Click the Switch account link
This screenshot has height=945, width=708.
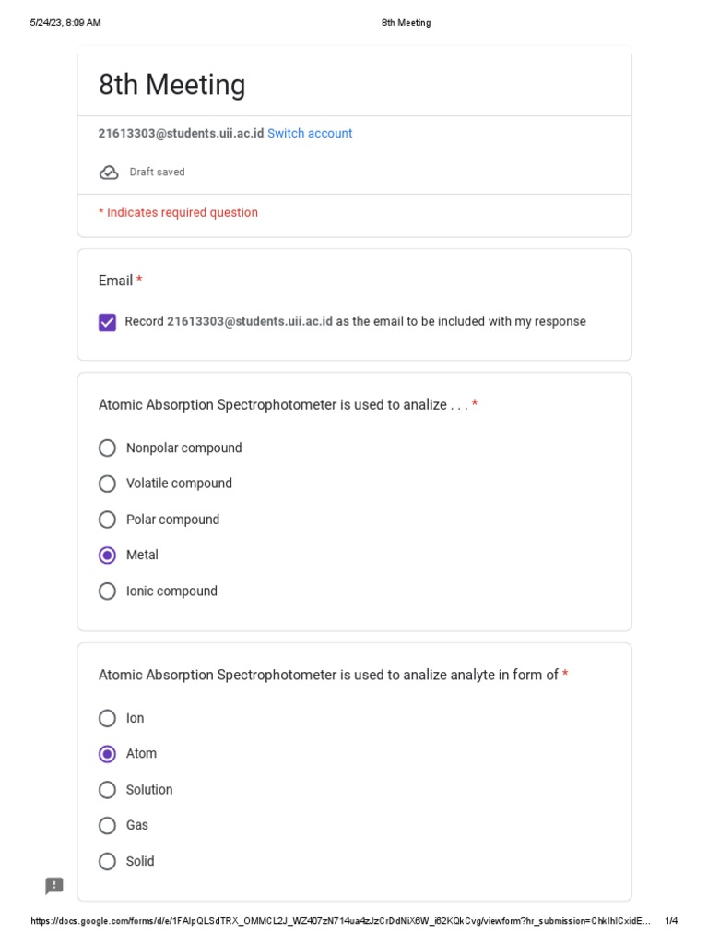310,133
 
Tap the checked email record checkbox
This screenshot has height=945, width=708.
108,322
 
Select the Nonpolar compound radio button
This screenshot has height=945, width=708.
108,449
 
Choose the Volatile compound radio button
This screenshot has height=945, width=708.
108,484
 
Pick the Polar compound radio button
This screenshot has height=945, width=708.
108,520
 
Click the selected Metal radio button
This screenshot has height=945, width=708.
108,556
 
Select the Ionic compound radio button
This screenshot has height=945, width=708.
108,592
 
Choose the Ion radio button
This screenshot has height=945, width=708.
108,718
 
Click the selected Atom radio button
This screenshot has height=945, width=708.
108,754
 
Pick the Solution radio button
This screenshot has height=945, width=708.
108,790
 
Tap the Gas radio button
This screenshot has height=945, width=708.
108,826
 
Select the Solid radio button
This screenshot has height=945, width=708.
108,862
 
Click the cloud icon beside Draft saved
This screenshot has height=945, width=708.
109,173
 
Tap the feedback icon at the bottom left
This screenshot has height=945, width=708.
54,886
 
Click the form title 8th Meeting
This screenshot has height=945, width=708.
172,85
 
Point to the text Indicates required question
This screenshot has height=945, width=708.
182,212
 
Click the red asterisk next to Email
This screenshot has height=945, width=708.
139,280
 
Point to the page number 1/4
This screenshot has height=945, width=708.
671,921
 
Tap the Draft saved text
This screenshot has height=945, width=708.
157,173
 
